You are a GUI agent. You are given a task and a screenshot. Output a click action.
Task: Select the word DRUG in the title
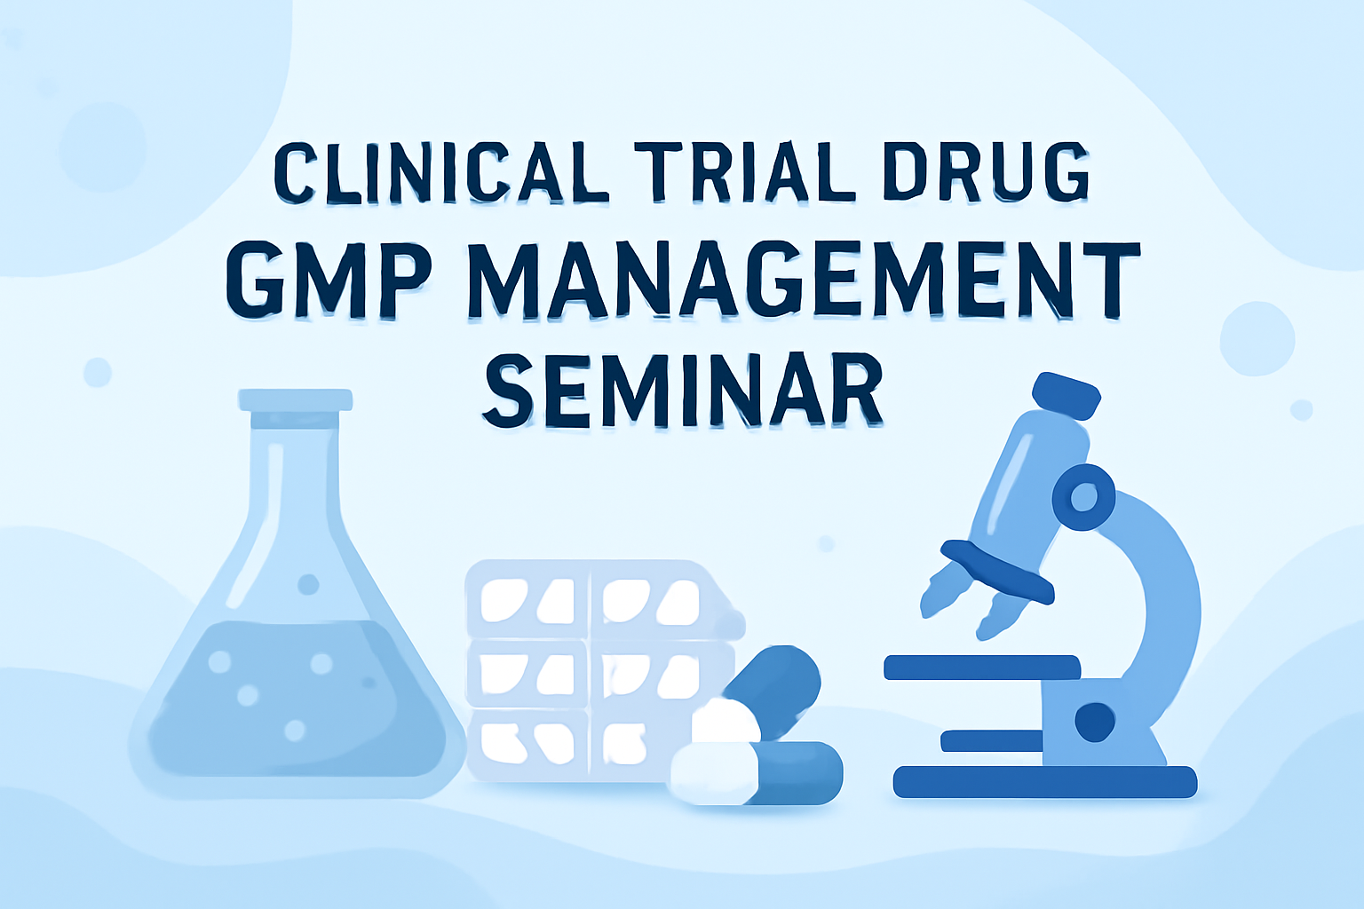986,171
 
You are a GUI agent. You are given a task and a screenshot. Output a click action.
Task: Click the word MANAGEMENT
804,280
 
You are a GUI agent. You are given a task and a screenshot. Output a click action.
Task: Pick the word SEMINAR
683,391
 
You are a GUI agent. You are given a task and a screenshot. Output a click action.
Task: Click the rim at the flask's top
296,400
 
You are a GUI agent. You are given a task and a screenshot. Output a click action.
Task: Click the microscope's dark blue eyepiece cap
1067,396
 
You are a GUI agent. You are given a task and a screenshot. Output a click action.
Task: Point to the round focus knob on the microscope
1083,497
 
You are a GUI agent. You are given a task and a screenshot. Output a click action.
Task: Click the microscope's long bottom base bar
1045,782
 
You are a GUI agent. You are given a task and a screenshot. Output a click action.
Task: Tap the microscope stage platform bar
981,668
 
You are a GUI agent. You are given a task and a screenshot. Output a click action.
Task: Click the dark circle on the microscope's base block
1095,722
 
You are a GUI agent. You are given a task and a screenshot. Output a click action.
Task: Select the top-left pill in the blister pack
504,600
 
